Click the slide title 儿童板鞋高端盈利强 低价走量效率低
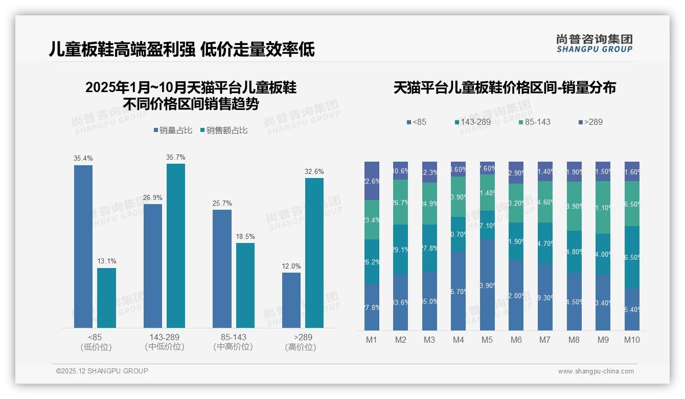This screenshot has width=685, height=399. pyautogui.click(x=181, y=49)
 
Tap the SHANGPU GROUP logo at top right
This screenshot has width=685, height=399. pyautogui.click(x=594, y=43)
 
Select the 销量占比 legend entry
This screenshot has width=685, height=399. pyautogui.click(x=173, y=130)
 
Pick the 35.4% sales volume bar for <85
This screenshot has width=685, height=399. pyautogui.click(x=83, y=246)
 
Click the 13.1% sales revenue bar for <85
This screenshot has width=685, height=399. pyautogui.click(x=106, y=298)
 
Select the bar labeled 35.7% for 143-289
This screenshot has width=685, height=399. pyautogui.click(x=176, y=246)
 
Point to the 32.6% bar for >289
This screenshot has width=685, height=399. pyautogui.click(x=314, y=253)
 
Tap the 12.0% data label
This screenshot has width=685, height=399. pyautogui.click(x=291, y=266)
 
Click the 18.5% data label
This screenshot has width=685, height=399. pyautogui.click(x=245, y=237)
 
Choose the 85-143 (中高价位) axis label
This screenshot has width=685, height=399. pyautogui.click(x=233, y=342)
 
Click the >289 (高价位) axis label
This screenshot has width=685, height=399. pyautogui.click(x=303, y=342)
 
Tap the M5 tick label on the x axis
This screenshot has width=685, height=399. pyautogui.click(x=487, y=340)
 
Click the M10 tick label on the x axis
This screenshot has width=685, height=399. pyautogui.click(x=632, y=340)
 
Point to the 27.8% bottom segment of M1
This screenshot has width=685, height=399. pyautogui.click(x=372, y=307)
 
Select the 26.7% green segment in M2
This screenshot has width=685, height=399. pyautogui.click(x=400, y=202)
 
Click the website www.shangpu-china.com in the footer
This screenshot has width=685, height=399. pyautogui.click(x=596, y=371)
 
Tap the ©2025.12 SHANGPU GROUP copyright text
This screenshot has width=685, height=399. pyautogui.click(x=102, y=371)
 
